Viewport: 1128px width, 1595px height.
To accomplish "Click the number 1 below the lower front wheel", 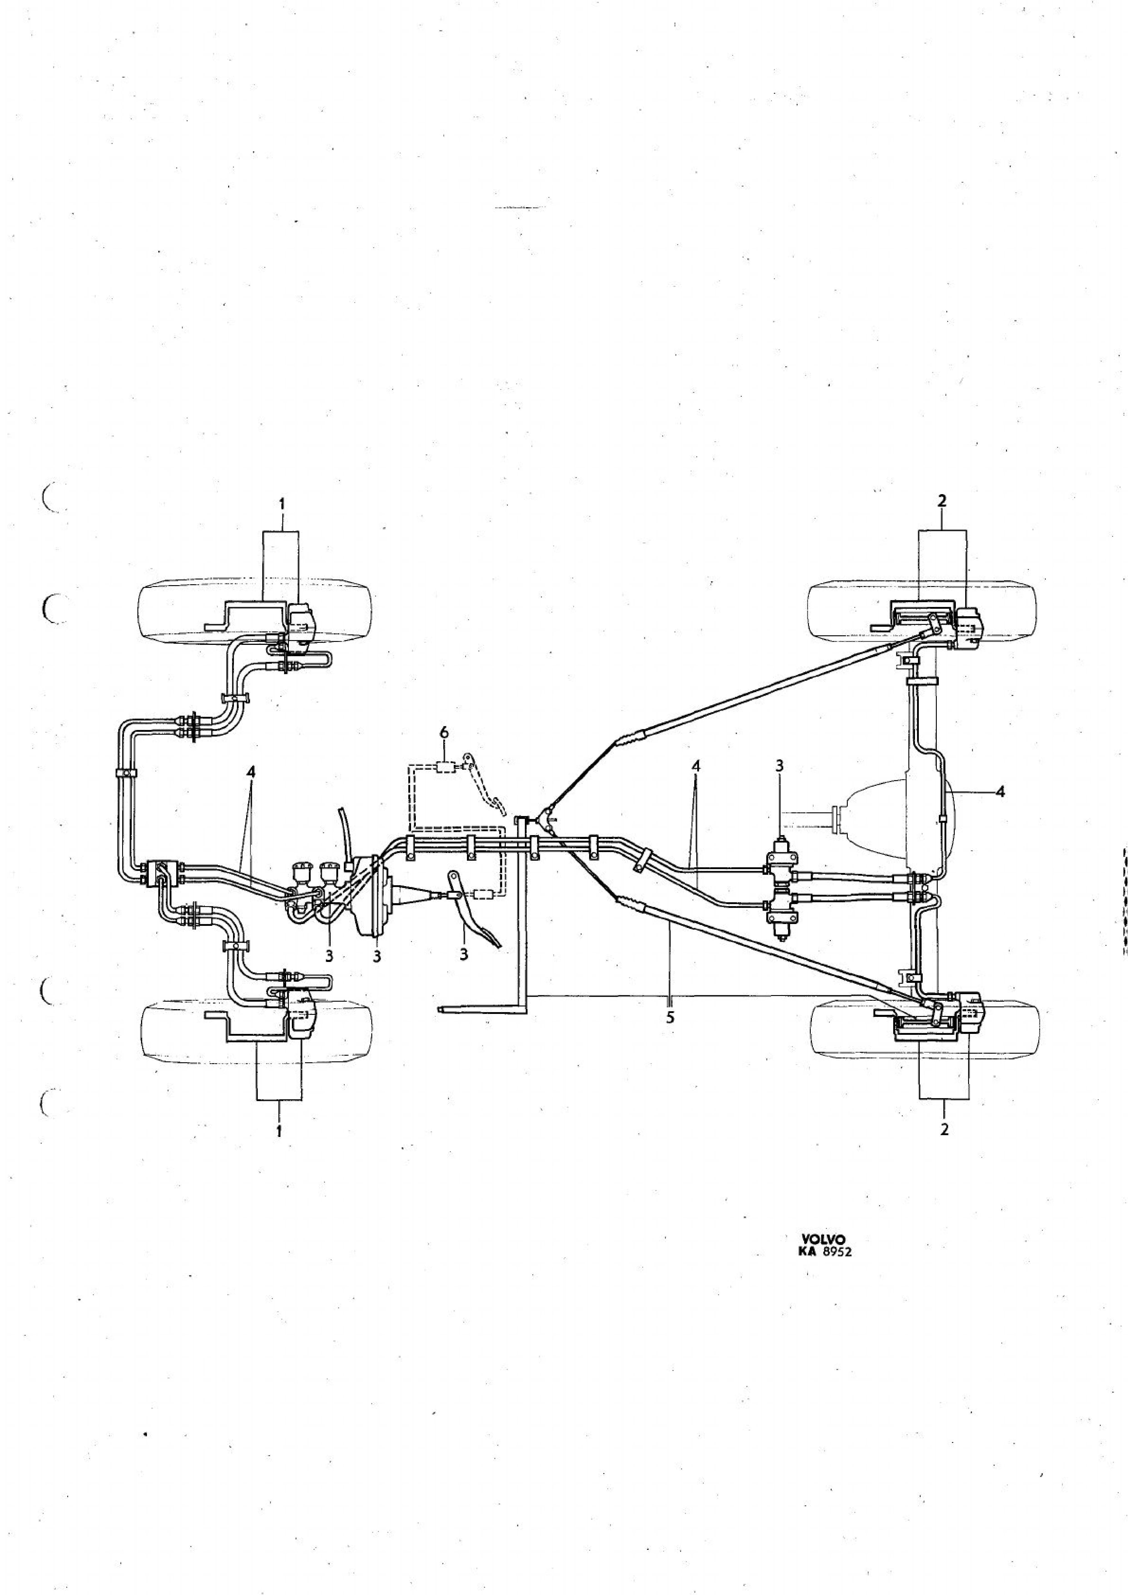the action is (x=279, y=1130).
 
